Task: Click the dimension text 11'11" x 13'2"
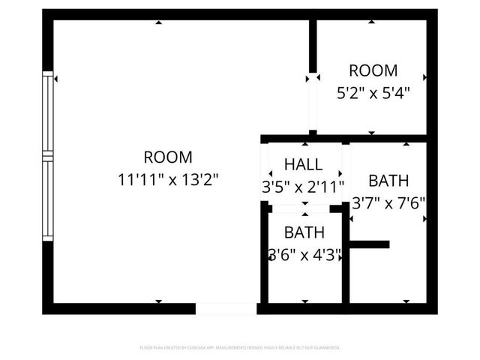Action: (x=168, y=180)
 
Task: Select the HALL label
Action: (x=304, y=164)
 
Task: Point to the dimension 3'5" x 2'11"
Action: (x=304, y=187)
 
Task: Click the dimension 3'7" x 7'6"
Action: (x=388, y=202)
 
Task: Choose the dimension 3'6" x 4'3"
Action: (x=304, y=255)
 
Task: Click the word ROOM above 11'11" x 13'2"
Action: (x=168, y=157)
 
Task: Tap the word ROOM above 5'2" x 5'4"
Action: (x=373, y=71)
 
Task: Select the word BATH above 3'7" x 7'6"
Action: (x=388, y=181)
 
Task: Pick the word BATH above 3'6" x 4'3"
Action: (x=304, y=232)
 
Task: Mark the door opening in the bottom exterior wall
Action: (x=226, y=308)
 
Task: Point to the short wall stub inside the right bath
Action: (x=369, y=244)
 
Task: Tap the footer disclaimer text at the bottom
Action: (x=240, y=348)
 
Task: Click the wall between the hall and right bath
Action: (x=346, y=172)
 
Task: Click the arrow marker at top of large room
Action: (x=159, y=23)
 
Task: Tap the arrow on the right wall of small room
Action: (x=424, y=77)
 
